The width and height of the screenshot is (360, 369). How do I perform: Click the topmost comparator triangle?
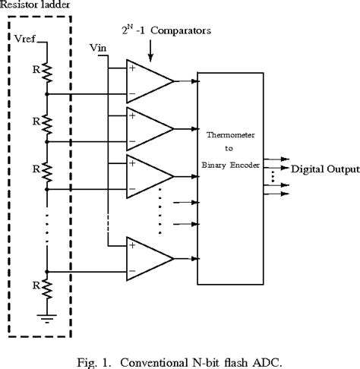149,80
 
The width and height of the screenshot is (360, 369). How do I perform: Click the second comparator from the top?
149,128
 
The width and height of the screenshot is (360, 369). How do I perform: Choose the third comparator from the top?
149,176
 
